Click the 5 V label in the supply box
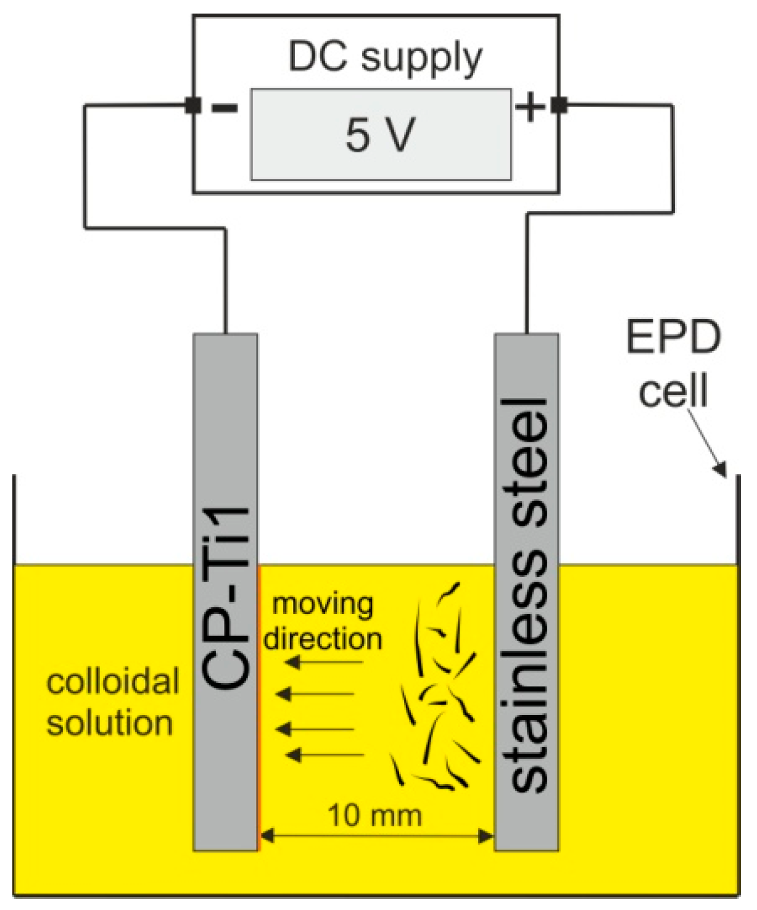pos(380,134)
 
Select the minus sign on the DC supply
pos(225,108)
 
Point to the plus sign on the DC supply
pos(531,108)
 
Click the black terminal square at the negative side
pos(192,105)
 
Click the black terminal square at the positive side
pos(559,105)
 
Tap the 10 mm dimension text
pos(374,816)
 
